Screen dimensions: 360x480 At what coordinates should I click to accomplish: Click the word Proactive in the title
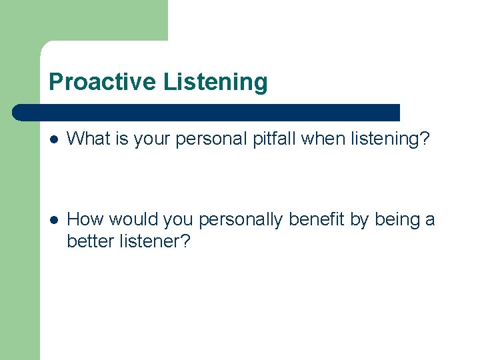pyautogui.click(x=102, y=82)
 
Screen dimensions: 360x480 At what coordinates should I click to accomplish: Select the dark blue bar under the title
pyautogui.click(x=206, y=113)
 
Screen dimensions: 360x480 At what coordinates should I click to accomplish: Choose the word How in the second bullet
pyautogui.click(x=85, y=219)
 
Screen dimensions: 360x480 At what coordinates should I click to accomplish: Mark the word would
pyautogui.click(x=130, y=219)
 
